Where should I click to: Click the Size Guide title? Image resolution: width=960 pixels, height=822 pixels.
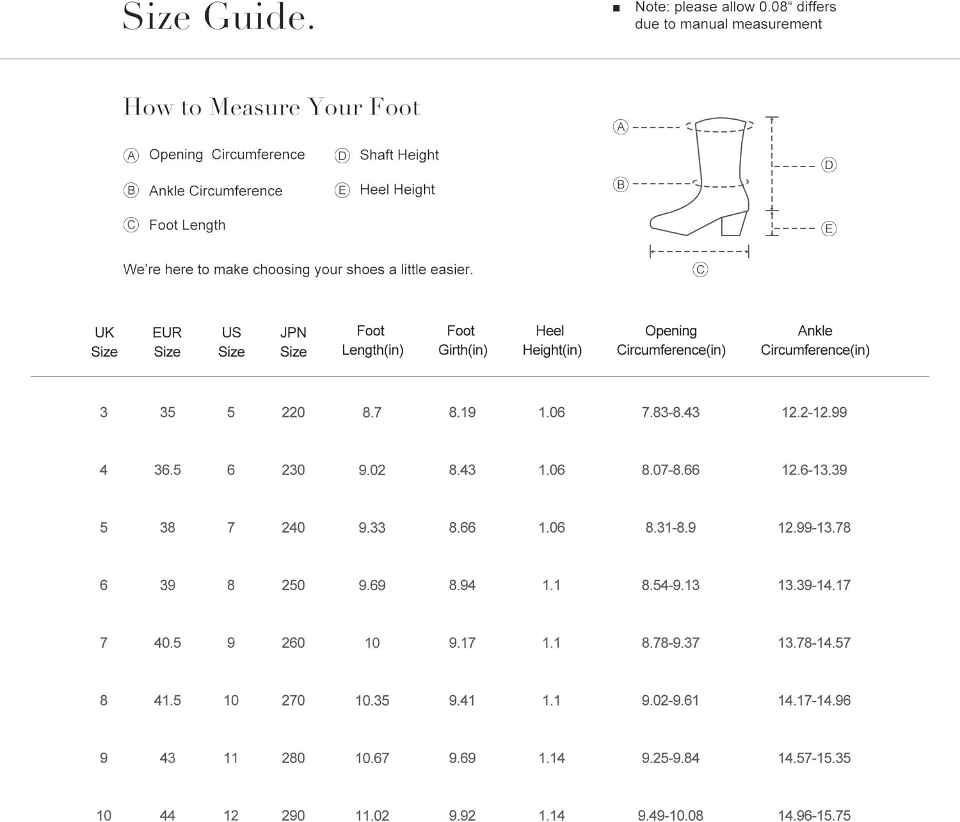(218, 17)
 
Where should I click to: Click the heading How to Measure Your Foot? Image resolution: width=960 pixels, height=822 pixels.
(271, 107)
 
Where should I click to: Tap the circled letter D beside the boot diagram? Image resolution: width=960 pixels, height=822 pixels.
(829, 165)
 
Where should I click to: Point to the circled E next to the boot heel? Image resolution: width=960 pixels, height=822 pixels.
(829, 229)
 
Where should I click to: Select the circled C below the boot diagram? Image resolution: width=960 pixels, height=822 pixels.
(700, 270)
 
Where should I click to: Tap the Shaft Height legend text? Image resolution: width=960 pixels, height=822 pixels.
(399, 155)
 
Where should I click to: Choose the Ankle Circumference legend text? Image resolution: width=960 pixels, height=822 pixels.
(215, 191)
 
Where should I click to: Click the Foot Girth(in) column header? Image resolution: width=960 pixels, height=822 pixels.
(462, 341)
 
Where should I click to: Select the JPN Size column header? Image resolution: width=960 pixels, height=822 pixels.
(293, 342)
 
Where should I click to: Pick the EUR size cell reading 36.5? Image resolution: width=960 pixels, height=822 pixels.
(167, 470)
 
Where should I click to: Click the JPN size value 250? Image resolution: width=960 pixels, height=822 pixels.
(293, 585)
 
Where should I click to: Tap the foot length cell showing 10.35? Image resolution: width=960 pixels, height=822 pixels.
(372, 700)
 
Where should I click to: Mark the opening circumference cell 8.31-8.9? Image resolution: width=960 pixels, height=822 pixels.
(670, 528)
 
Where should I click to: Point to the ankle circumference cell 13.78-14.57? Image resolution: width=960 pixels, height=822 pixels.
(814, 643)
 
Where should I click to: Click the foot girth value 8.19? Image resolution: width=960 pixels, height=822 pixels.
(462, 412)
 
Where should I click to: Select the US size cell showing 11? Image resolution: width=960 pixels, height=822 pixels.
(231, 758)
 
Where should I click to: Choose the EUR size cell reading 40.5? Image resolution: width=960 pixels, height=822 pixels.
(167, 643)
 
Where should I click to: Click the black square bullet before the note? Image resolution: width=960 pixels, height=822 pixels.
(616, 8)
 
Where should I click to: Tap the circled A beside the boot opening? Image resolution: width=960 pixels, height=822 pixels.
(620, 127)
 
